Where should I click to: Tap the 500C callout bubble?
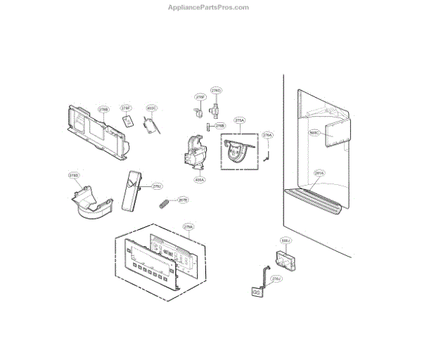tap(314, 132)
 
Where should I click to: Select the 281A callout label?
tap(319, 172)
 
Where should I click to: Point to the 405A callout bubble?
tap(200, 180)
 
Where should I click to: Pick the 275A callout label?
tap(239, 121)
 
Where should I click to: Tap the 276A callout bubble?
tap(267, 135)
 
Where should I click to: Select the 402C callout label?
tap(151, 109)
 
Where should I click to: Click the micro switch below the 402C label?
tap(151, 126)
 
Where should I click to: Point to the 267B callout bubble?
tap(183, 200)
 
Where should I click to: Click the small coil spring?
tap(164, 205)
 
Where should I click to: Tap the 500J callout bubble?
tap(285, 241)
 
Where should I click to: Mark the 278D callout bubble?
tap(73, 175)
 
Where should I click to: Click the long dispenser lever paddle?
tap(132, 190)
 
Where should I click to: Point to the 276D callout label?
tap(217, 91)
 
